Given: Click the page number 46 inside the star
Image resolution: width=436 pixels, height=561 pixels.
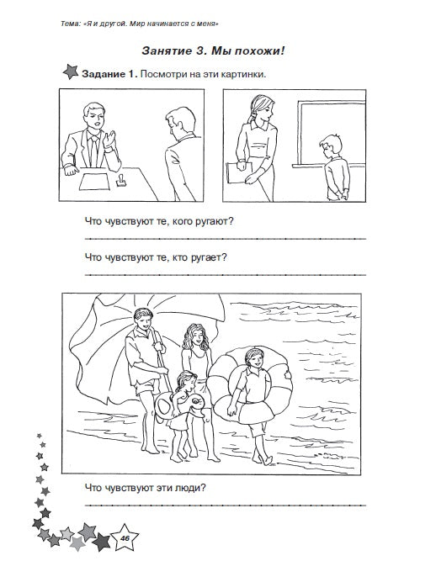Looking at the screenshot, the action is point(125,538).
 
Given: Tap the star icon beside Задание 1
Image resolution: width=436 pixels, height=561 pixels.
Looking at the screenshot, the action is point(70,71).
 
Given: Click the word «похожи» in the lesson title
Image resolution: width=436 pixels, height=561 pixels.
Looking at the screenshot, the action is point(247,50).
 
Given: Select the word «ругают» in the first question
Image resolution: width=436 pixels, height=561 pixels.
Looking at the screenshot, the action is point(214,221).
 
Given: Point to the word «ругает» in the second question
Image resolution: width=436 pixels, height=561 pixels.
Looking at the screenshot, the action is point(208,257).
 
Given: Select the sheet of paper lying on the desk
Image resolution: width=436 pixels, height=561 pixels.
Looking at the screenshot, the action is point(94,182).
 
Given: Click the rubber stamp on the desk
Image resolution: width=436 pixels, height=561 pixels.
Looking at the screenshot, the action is point(120,180).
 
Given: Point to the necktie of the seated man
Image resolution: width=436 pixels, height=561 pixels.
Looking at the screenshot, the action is point(94,151).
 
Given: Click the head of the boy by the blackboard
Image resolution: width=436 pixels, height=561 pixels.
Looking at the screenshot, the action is point(330,146).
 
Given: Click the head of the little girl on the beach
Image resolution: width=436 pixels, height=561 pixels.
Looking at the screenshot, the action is point(186,381).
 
